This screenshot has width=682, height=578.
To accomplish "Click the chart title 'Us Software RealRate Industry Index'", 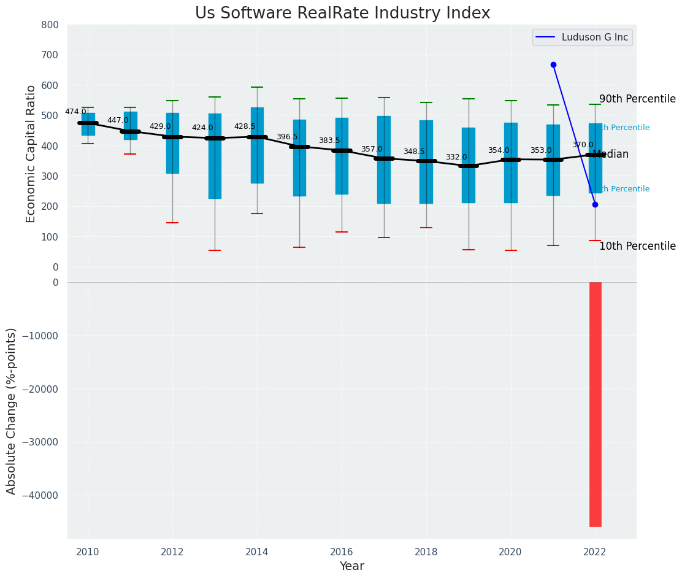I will pyautogui.click(x=342, y=13).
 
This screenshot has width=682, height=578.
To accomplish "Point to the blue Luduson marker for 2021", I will pyautogui.click(x=553, y=64).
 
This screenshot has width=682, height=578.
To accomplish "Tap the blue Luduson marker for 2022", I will pyautogui.click(x=595, y=204).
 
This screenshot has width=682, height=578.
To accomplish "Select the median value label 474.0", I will pyautogui.click(x=75, y=112).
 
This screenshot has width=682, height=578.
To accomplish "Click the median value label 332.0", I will pyautogui.click(x=456, y=158).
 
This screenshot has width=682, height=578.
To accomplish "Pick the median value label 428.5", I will pyautogui.click(x=245, y=127).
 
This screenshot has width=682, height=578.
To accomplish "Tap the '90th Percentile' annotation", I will pyautogui.click(x=637, y=99).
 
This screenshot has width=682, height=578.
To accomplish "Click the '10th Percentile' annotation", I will pyautogui.click(x=637, y=247).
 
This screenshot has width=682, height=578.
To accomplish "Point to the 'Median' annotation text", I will pyautogui.click(x=611, y=155).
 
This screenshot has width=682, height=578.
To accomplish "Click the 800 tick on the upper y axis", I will pyautogui.click(x=50, y=25).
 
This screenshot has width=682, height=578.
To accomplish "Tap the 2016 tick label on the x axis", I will pyautogui.click(x=342, y=552).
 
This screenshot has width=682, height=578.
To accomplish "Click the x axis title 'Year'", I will pyautogui.click(x=352, y=566).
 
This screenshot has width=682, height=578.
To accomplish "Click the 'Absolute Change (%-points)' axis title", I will pyautogui.click(x=12, y=410).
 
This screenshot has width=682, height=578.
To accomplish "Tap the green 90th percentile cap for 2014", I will pyautogui.click(x=257, y=87).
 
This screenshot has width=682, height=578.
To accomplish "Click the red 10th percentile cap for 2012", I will pyautogui.click(x=172, y=223).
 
